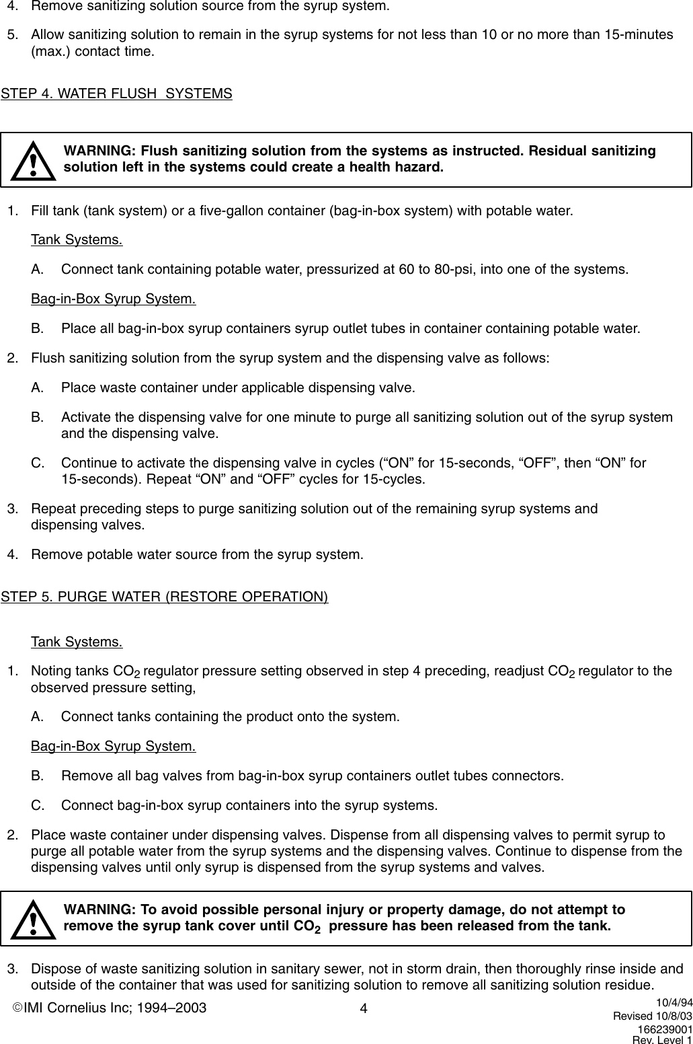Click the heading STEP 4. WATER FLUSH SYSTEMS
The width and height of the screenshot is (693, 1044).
tap(117, 94)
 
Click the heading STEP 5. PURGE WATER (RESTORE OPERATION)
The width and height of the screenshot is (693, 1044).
tap(165, 597)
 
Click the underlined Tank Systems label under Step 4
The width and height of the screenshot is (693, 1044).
tap(77, 240)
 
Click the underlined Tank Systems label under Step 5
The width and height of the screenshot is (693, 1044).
tap(77, 642)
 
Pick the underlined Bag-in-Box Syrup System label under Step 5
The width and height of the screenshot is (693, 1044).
tap(114, 746)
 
